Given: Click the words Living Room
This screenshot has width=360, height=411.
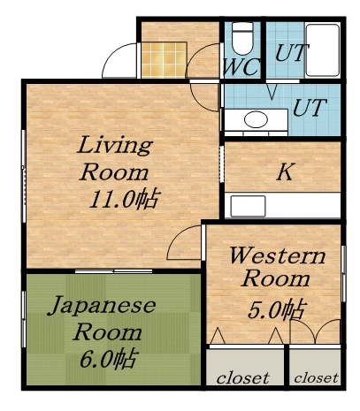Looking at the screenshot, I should point(114,156).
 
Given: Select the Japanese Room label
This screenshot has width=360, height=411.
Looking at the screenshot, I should point(100,319).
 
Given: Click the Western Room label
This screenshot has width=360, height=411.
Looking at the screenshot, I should point(271,268).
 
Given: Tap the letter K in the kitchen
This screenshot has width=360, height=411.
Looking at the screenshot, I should point(284,172).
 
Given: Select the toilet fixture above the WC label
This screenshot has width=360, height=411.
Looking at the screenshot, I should point(242,36).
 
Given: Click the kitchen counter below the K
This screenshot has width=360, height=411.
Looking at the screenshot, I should point(284,206).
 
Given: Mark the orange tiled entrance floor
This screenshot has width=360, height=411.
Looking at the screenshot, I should point(165,60).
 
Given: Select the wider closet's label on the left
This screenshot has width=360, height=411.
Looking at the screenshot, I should point(243,378).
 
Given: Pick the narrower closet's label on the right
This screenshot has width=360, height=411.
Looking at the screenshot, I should point(316,378).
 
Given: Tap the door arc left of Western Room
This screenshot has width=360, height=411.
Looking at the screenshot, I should point(187,242).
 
